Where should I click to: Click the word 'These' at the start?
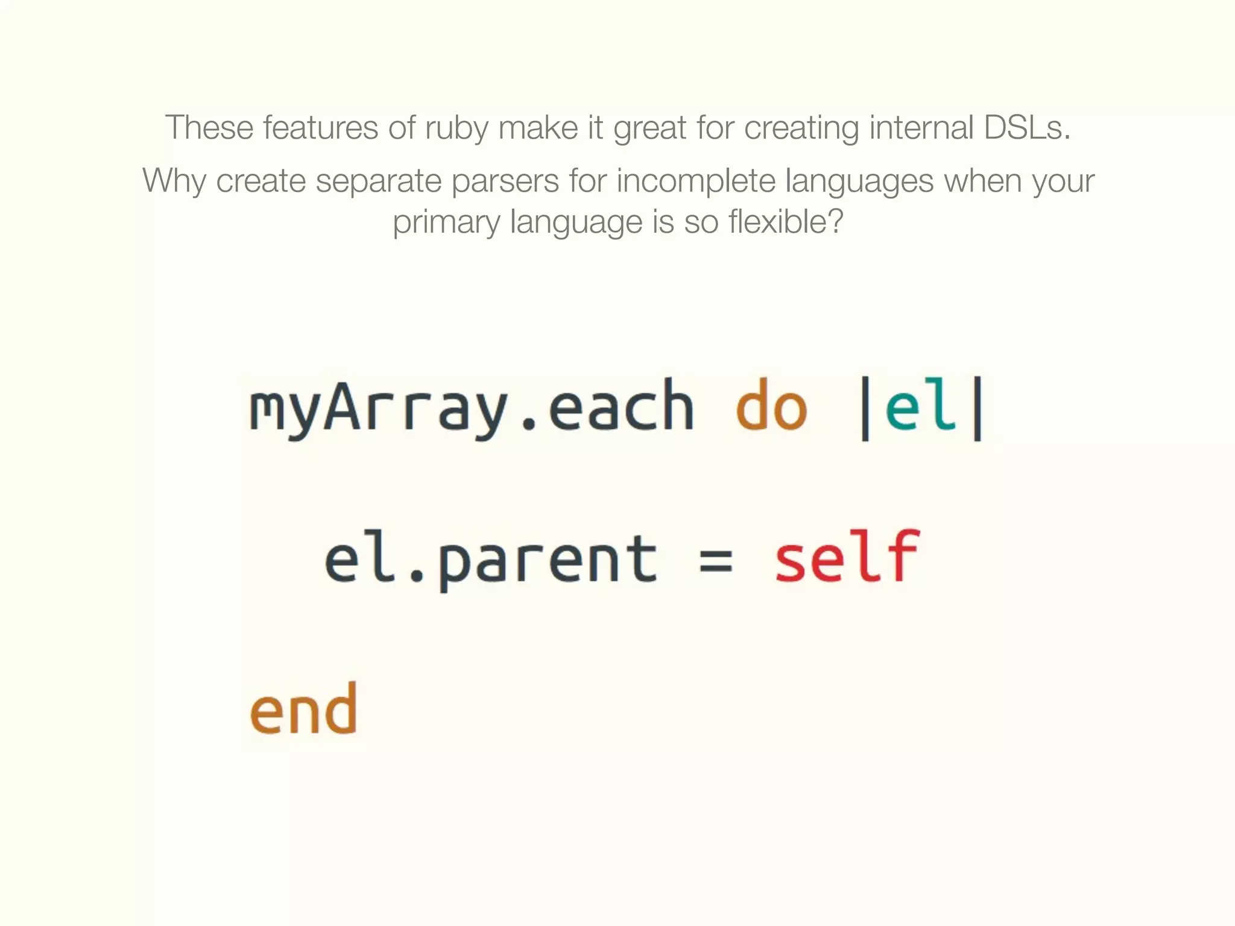[x=209, y=128]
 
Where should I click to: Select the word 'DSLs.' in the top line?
[x=1027, y=128]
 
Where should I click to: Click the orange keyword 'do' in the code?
[x=771, y=406]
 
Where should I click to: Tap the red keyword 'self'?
[x=847, y=558]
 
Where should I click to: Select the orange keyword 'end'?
[x=304, y=710]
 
